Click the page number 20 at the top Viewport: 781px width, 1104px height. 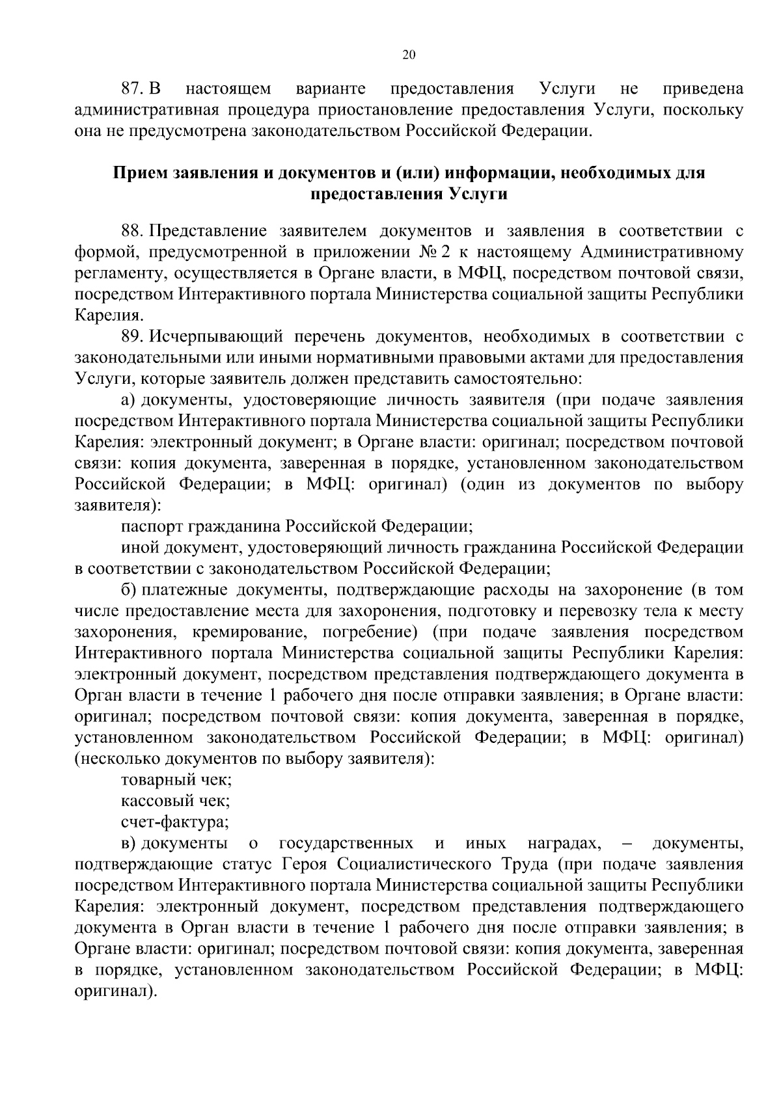(409, 55)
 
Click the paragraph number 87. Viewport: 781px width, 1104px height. (133, 88)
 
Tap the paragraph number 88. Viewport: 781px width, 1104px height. (133, 231)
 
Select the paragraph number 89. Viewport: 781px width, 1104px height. (133, 336)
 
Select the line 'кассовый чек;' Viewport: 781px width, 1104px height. (175, 801)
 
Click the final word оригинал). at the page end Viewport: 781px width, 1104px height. (116, 991)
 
